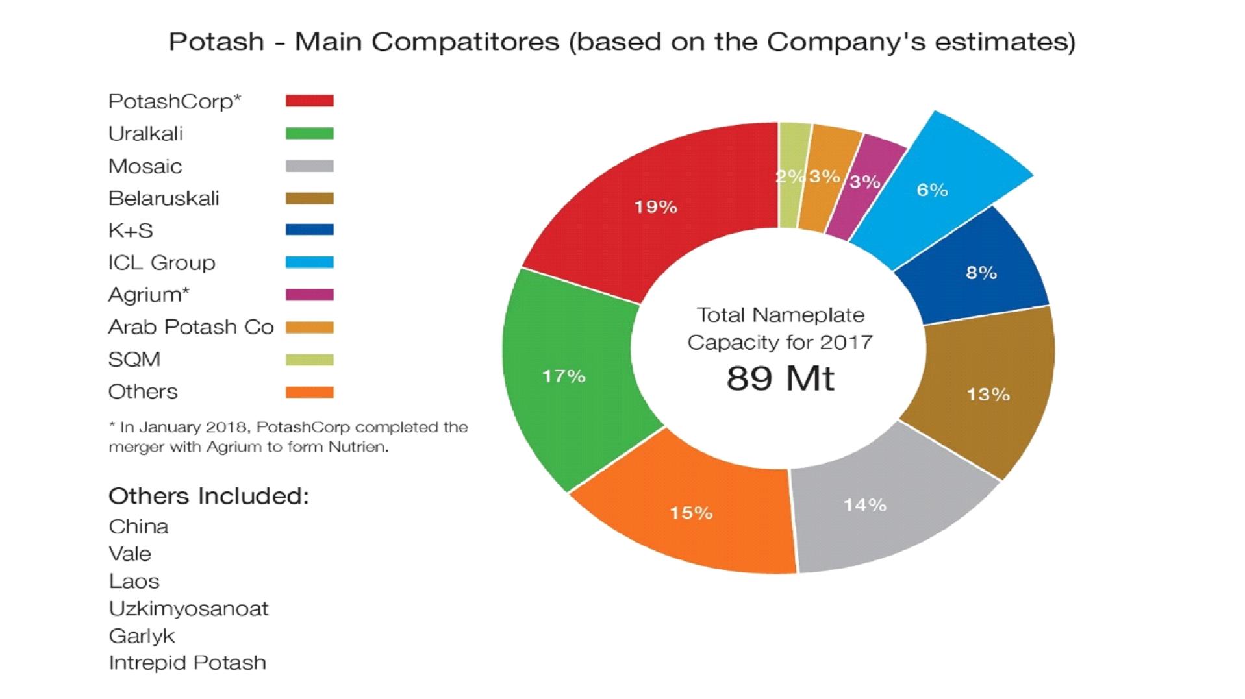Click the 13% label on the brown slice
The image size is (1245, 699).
pyautogui.click(x=988, y=395)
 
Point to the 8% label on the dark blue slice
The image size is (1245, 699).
pyautogui.click(x=981, y=273)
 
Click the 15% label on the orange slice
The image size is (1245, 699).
pyautogui.click(x=691, y=513)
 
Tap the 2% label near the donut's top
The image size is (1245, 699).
pyautogui.click(x=790, y=176)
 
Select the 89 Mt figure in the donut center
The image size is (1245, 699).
pyautogui.click(x=780, y=378)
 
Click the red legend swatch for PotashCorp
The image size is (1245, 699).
pyautogui.click(x=309, y=101)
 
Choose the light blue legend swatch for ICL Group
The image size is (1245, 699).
pyautogui.click(x=309, y=262)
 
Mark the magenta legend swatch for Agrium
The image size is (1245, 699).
pyautogui.click(x=309, y=295)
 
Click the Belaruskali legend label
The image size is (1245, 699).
pyautogui.click(x=164, y=198)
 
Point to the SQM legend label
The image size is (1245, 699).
pyautogui.click(x=134, y=359)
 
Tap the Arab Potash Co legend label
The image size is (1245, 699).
pyautogui.click(x=191, y=326)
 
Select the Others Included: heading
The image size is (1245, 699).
pyautogui.click(x=208, y=496)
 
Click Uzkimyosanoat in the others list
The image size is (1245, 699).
pyautogui.click(x=188, y=608)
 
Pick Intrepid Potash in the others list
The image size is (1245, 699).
pyautogui.click(x=187, y=663)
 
